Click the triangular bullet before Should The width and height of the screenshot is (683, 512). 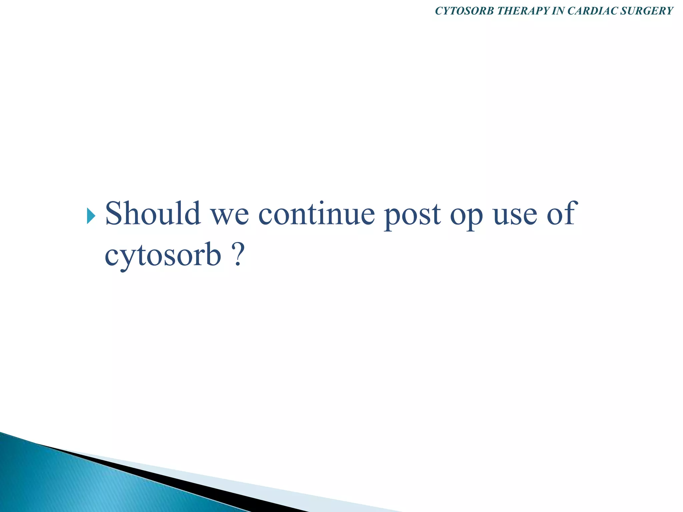[91, 216]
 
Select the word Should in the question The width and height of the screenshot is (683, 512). [153, 213]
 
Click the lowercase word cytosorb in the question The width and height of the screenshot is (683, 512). [163, 257]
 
